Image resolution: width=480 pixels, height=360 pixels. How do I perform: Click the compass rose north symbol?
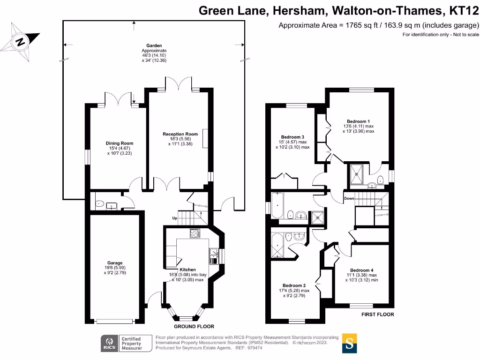(x=20, y=41)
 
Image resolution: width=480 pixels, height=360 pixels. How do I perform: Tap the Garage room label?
(x=114, y=263)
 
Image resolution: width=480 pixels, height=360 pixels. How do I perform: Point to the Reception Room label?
(x=180, y=134)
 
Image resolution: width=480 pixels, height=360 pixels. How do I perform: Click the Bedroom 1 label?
(x=358, y=121)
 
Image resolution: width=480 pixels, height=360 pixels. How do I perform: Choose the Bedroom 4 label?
(x=362, y=270)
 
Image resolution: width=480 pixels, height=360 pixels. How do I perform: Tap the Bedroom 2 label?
(x=294, y=285)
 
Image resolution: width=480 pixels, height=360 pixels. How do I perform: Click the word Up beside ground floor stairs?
(x=175, y=218)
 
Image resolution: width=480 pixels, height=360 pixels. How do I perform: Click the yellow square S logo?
(x=349, y=343)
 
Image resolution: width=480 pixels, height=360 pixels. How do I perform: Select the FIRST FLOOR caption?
(x=377, y=315)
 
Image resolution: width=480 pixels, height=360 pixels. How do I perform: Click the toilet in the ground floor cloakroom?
(x=99, y=204)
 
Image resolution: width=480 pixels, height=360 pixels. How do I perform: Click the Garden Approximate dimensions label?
(x=154, y=53)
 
